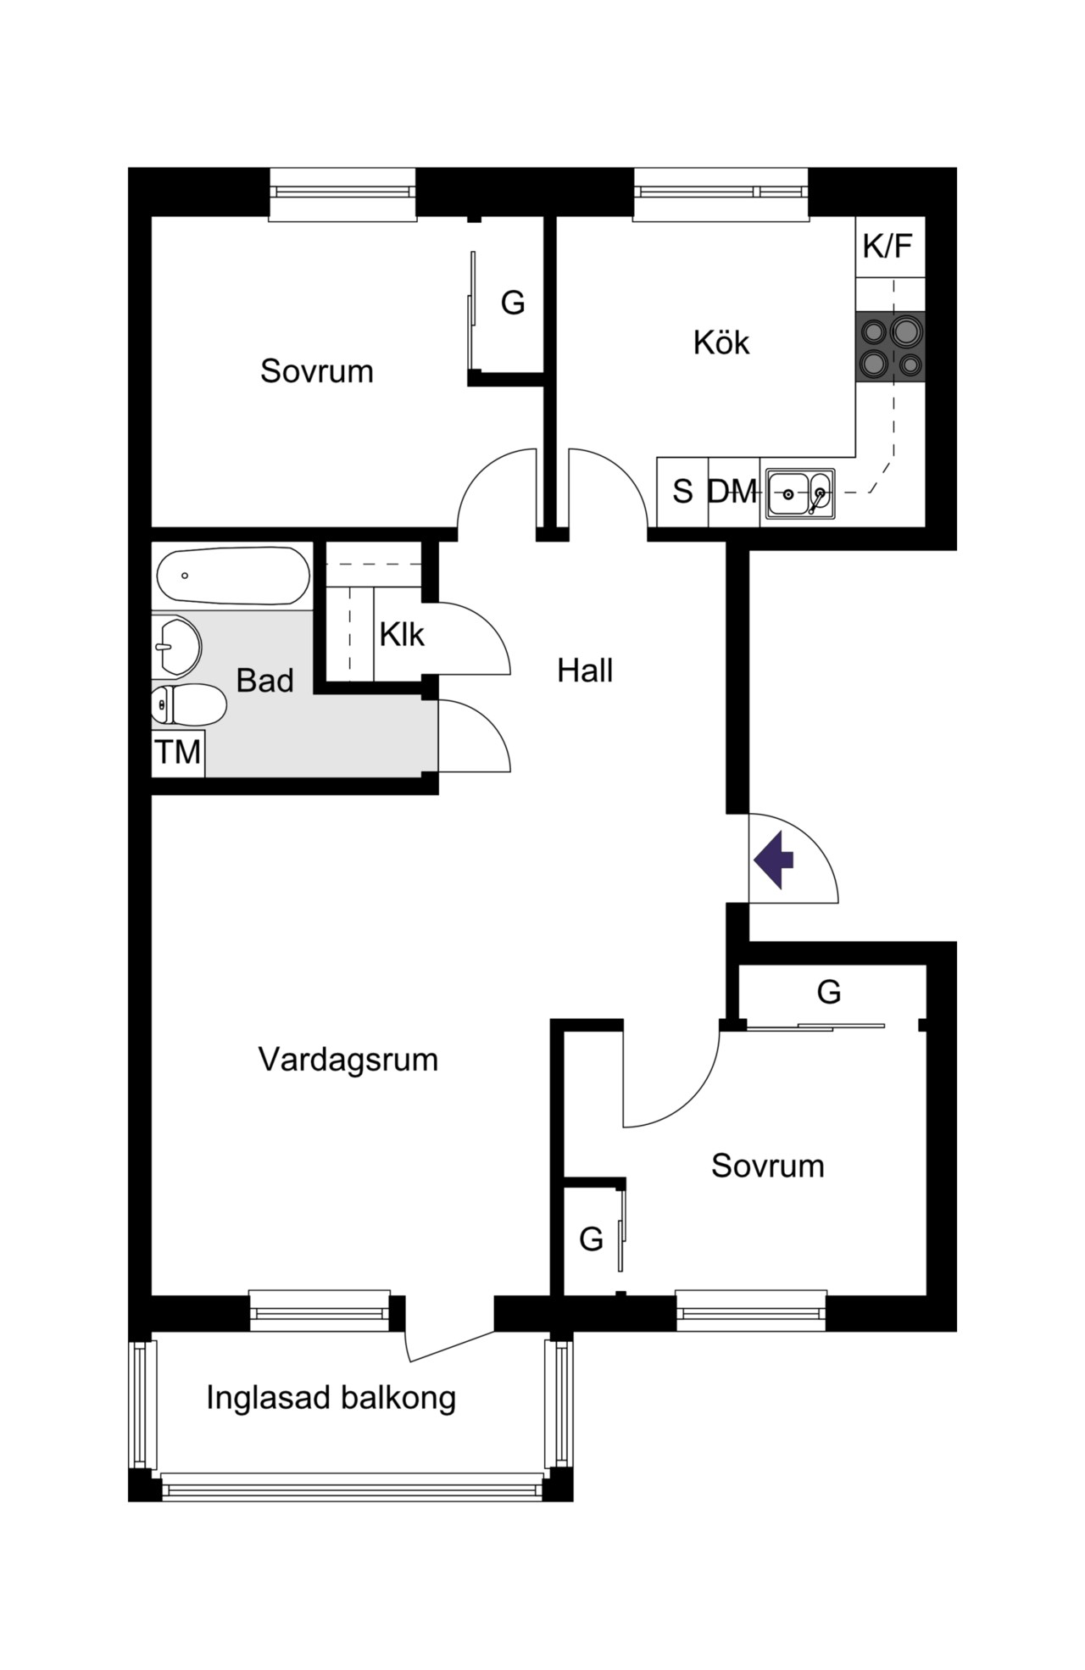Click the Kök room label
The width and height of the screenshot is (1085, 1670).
tap(721, 342)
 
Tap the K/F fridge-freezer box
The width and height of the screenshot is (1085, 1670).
tap(889, 247)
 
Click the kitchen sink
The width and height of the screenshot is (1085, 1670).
tap(800, 493)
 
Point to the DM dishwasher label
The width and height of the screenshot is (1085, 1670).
tap(732, 492)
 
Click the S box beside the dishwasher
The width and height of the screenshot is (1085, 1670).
tap(682, 492)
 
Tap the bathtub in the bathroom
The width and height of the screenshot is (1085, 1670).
tap(233, 576)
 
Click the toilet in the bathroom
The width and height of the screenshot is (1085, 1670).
tap(188, 704)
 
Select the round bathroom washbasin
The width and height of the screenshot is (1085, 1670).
tap(176, 646)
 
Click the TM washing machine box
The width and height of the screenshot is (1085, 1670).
tap(178, 752)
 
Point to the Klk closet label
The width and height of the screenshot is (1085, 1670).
tap(402, 634)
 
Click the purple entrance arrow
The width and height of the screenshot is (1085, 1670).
tap(774, 860)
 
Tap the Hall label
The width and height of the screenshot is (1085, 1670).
tap(585, 671)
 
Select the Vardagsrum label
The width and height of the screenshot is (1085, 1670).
tap(348, 1060)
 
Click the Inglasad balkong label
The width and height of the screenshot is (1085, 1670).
tap(331, 1397)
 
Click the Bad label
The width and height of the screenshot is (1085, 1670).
tap(264, 681)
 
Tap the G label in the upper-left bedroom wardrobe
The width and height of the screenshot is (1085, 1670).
tap(513, 303)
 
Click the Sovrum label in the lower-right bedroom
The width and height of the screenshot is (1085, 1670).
tap(768, 1166)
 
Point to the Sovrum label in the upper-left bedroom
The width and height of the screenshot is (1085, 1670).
tap(317, 371)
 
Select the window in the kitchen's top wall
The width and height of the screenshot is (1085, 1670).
tap(721, 194)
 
